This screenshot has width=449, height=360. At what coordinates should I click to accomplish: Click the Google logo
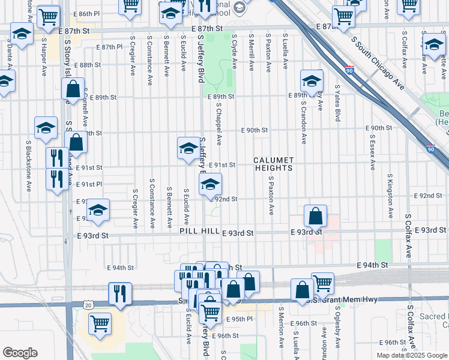point(20,353)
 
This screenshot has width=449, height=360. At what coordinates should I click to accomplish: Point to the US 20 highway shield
point(72,306)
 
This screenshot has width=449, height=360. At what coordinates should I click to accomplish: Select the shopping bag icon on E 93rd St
point(315,217)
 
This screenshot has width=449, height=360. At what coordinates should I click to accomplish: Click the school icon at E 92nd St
point(210,185)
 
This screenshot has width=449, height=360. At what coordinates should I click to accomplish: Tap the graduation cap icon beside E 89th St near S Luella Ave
point(312,82)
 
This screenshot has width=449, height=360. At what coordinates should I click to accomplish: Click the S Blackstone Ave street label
point(28,166)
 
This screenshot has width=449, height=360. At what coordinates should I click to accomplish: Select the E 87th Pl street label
point(108,46)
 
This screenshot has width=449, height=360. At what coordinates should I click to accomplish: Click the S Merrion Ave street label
point(280,327)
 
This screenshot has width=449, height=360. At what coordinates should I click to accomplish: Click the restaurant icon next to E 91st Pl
point(57,179)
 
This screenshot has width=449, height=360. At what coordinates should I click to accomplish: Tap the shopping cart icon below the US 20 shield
point(100,323)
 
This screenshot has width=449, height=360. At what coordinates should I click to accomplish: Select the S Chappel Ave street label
point(220,123)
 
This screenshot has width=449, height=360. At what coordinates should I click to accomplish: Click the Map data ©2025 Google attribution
point(411,355)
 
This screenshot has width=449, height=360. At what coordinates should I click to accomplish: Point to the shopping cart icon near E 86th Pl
point(49,16)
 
